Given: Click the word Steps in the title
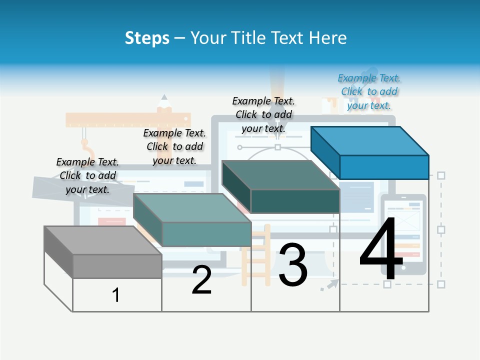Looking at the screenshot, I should tap(147, 38).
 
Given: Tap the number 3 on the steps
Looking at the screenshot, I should tap(292, 264).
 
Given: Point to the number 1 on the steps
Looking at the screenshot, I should tap(115, 295).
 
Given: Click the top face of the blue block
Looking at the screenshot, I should tap(370, 140).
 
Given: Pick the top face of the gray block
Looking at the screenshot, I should tap(102, 240).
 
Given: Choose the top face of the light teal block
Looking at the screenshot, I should tap(192, 207).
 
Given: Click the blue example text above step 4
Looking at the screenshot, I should tap(369, 91).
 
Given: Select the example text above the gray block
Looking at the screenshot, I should tap(87, 175).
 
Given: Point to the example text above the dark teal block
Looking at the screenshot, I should tap(263, 114).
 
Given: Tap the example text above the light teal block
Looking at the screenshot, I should tap(174, 146).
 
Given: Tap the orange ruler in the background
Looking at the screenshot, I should tap(128, 120).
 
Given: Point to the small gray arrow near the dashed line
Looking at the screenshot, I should tap(328, 285).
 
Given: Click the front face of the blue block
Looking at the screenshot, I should tap(384, 167).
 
